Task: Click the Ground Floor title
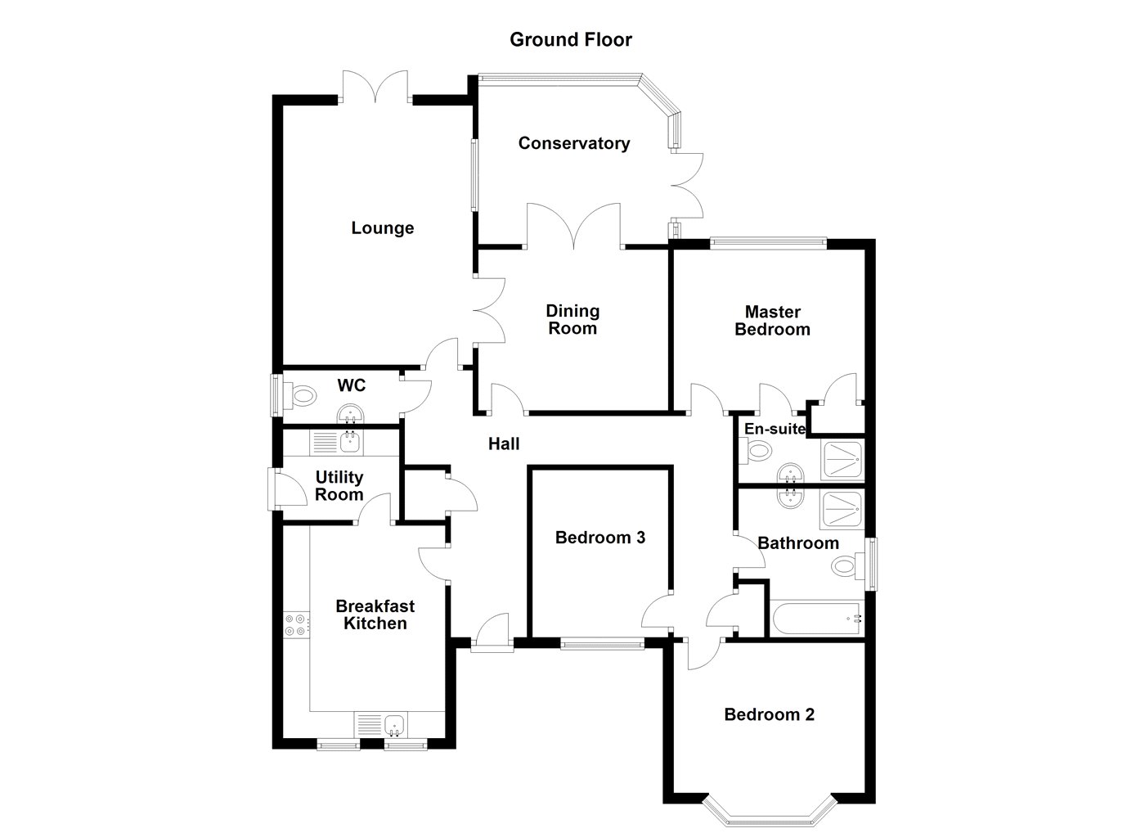tap(571, 39)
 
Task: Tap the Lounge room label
tap(382, 228)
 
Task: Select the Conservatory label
tap(574, 144)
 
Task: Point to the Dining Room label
tap(572, 320)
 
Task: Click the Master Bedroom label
tap(772, 321)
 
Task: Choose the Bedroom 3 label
tap(600, 538)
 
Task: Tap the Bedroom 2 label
tap(769, 715)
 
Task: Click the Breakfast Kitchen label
tap(375, 615)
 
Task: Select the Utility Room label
tap(339, 486)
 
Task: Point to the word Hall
tap(504, 444)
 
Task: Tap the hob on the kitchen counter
tap(295, 625)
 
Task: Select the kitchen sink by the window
tap(394, 723)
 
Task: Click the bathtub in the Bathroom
tap(815, 619)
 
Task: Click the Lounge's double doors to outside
tap(375, 88)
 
